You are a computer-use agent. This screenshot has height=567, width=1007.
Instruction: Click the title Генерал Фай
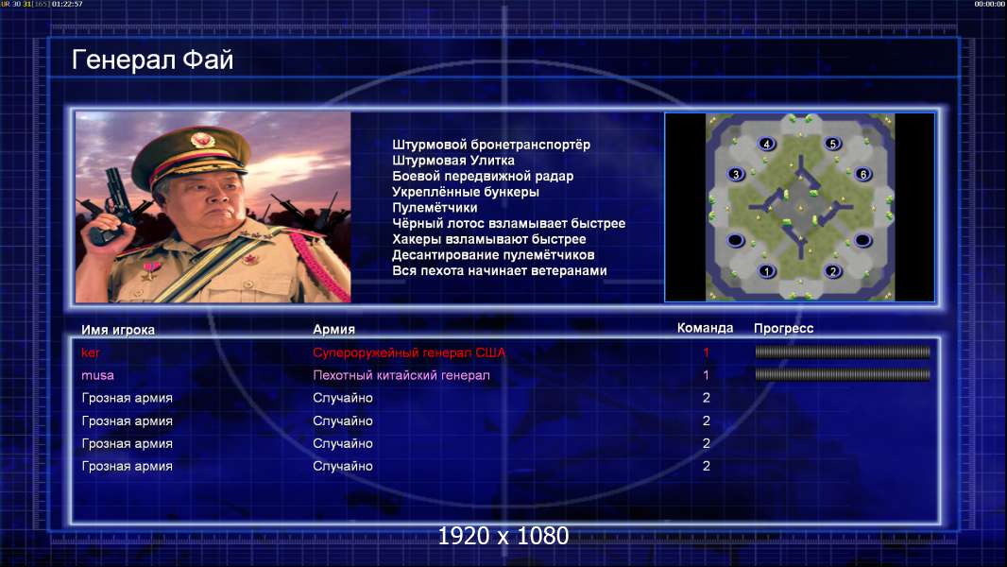pos(152,60)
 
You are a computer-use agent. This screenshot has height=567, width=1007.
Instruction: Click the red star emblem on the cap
pos(201,139)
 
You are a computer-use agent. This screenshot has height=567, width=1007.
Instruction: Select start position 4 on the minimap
pos(766,144)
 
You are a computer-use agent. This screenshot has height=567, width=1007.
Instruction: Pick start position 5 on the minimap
pos(833,144)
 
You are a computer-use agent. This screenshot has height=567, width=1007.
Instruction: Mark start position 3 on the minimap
pos(736,174)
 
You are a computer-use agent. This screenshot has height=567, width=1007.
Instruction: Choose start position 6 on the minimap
pos(863,174)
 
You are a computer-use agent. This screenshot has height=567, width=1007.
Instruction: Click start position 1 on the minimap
pos(766,271)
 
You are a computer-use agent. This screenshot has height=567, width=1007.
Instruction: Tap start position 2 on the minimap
pos(833,271)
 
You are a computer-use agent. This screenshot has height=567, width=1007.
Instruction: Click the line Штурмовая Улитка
pos(453,161)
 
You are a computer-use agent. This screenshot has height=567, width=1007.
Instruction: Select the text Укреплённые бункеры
pos(466,192)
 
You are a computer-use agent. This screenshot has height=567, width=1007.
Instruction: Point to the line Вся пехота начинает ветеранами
pos(500,270)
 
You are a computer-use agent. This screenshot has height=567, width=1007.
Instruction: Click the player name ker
pos(91,352)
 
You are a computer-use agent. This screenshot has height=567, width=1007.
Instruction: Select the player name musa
pos(97,375)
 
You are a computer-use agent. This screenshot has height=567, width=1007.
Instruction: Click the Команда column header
pos(705,328)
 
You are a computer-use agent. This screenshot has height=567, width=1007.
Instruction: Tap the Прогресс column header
pos(783,329)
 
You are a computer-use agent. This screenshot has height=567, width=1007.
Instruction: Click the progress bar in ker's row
pos(843,352)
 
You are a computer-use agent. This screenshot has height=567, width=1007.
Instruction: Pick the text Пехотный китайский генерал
pos(401,375)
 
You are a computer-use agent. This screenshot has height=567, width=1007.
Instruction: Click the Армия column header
pos(334,330)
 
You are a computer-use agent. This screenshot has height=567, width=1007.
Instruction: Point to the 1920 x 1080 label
pos(503,536)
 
